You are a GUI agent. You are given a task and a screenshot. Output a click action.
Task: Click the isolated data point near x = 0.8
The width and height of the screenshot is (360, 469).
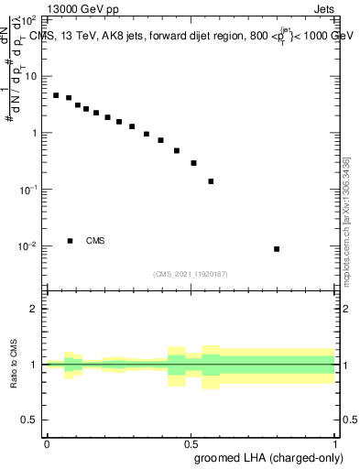point(277,249)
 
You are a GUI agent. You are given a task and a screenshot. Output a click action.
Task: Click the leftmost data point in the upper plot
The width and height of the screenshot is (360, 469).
point(56,95)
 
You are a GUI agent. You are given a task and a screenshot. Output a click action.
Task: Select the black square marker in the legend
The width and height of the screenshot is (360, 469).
point(71,241)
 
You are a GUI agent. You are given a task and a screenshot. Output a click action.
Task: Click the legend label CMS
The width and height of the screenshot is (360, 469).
point(95,241)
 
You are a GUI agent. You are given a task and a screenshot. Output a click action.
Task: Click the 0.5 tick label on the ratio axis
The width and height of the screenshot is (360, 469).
point(31,420)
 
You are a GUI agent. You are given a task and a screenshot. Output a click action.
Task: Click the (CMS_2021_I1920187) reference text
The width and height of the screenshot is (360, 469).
point(191,273)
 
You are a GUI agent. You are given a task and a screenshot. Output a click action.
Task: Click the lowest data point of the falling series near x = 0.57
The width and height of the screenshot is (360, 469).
point(212,181)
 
